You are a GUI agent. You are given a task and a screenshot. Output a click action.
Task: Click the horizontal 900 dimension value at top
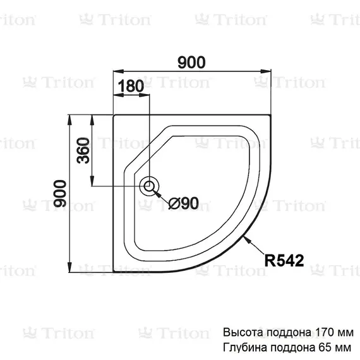[x=191, y=62]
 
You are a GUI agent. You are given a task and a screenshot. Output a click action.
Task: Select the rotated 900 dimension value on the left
[x=59, y=194]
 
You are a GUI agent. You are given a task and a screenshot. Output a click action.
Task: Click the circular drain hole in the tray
[x=150, y=186]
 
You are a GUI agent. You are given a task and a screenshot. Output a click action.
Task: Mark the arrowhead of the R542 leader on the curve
[x=248, y=239]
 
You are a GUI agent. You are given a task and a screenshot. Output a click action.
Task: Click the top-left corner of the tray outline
[x=114, y=116]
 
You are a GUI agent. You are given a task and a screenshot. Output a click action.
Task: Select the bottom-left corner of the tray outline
[x=114, y=273]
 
